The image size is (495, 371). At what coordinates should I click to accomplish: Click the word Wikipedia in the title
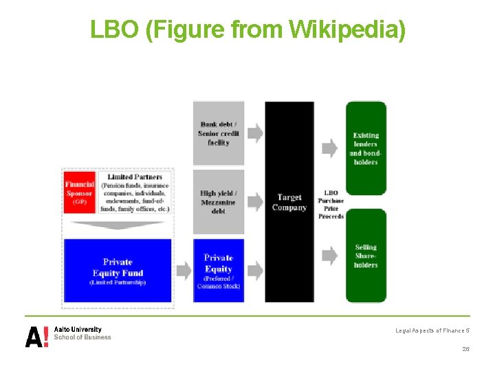point(347,29)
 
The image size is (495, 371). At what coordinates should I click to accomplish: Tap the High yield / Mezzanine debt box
point(219,202)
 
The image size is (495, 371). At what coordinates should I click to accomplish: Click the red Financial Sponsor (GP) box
point(79,189)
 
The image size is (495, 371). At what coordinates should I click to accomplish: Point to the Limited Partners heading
point(135,177)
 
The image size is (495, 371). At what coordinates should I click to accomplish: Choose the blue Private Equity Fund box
point(118,271)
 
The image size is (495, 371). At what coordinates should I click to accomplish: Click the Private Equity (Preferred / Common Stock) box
point(219,271)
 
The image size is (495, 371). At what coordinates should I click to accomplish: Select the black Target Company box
point(289,202)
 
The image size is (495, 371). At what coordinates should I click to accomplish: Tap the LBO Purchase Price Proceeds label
point(331,204)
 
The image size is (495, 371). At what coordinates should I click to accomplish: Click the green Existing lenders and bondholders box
point(366,148)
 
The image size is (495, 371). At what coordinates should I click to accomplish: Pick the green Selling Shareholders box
point(366,256)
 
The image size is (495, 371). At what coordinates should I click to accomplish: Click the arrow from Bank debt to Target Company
point(254,133)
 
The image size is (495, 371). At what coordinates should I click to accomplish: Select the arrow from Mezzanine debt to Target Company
point(254,201)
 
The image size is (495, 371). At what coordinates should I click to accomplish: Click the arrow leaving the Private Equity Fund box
point(184,271)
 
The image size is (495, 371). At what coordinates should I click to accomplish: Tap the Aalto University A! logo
point(37,336)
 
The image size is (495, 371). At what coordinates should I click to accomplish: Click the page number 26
point(465,349)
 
